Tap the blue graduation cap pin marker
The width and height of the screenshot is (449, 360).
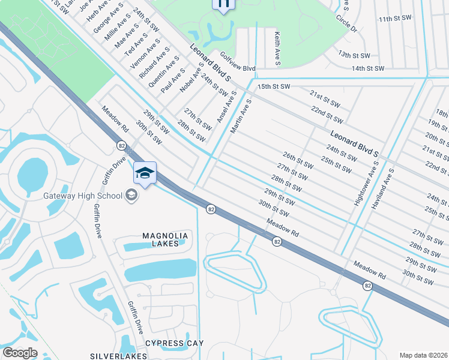[x=145, y=173]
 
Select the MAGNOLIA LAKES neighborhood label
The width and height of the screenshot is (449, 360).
[x=164, y=239]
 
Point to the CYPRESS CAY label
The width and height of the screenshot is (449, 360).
[x=174, y=343]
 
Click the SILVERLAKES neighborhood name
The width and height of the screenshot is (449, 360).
[x=119, y=356]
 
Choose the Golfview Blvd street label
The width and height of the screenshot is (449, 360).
[x=238, y=62]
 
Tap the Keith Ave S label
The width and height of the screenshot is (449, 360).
[x=278, y=49]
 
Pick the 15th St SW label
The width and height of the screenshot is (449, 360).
[x=273, y=87]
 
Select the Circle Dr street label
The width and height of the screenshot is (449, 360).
[x=346, y=24]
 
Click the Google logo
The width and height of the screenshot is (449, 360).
[x=20, y=353]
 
